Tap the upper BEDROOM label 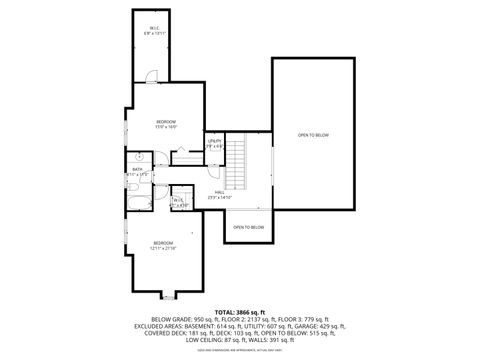[165, 122]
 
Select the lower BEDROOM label [162, 242]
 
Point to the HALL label [219, 193]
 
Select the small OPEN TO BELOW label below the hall [248, 227]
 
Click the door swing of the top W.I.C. [150, 76]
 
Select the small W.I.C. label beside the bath [177, 201]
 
